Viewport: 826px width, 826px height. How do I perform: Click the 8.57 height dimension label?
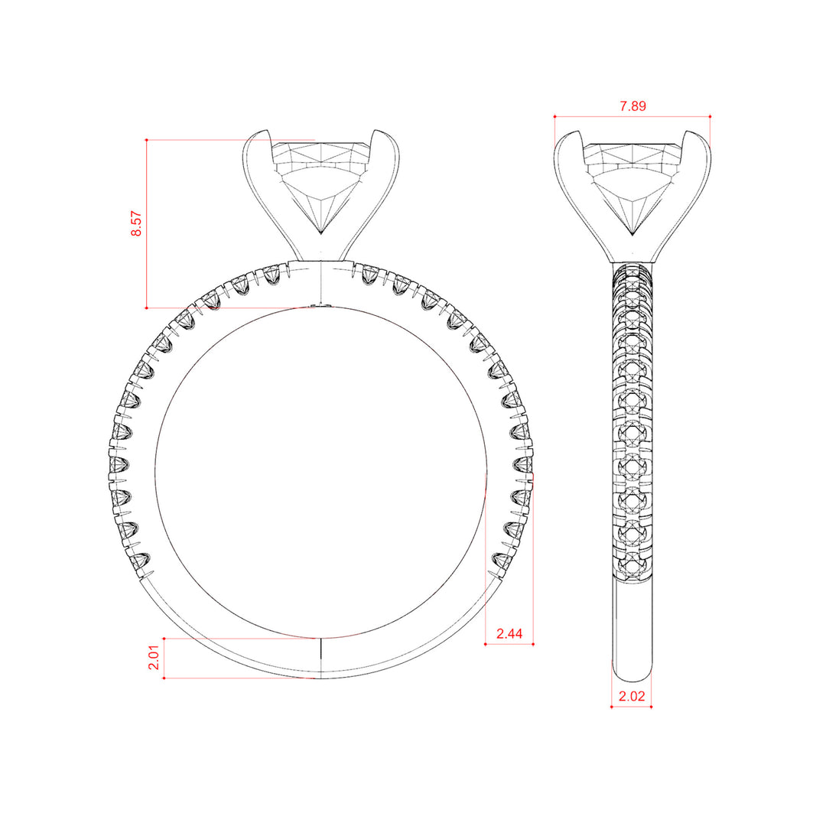(x=136, y=224)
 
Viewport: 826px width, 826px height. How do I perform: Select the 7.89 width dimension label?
(x=633, y=106)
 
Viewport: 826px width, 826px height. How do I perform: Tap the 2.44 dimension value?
(x=509, y=633)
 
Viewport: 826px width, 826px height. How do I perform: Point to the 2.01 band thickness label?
(x=153, y=658)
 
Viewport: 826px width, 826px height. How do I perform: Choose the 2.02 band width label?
(x=632, y=696)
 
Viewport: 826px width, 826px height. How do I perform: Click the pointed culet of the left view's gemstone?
(x=320, y=233)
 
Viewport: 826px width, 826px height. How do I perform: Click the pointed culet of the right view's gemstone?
(x=633, y=235)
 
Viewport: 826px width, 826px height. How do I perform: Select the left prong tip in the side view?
(x=578, y=132)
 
